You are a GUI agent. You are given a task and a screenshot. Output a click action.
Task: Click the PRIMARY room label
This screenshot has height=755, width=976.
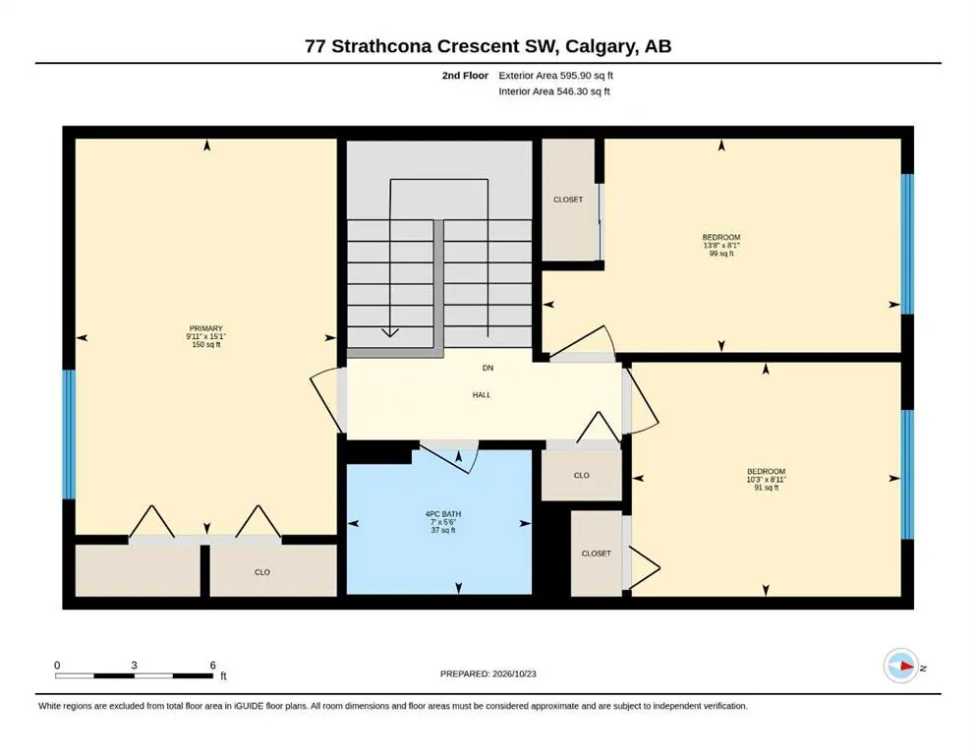[206, 328]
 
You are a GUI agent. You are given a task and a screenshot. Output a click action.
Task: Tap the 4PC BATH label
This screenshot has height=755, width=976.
[443, 514]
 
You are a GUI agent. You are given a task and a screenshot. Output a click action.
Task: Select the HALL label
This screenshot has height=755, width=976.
[482, 394]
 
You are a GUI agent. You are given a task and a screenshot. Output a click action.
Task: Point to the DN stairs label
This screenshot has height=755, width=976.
[488, 368]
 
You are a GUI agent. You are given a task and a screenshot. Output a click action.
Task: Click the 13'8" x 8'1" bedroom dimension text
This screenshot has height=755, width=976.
[721, 245]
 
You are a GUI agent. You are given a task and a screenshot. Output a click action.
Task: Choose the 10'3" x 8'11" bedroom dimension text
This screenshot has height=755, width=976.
[767, 480]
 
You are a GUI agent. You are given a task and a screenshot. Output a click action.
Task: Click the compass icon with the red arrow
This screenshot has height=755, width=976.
[901, 666]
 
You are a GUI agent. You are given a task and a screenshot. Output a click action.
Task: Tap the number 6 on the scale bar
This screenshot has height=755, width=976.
[213, 666]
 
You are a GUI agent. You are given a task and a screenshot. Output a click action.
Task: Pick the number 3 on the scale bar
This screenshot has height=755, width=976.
[134, 666]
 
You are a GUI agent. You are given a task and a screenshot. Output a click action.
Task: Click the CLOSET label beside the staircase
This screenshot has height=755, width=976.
[568, 200]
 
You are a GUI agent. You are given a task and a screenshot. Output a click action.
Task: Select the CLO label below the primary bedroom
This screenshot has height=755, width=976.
[262, 572]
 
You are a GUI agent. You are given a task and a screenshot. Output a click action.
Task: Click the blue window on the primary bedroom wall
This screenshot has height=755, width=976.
[69, 435]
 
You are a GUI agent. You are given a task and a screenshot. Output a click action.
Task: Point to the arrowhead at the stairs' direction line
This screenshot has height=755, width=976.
[389, 332]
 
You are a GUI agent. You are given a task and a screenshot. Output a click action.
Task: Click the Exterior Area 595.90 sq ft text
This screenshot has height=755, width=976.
[556, 76]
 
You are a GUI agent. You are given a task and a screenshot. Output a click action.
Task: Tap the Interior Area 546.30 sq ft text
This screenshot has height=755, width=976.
[554, 91]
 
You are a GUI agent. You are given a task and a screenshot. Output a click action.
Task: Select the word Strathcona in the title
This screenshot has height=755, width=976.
[381, 46]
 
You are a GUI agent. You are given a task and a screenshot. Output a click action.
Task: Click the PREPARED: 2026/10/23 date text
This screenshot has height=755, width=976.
[488, 673]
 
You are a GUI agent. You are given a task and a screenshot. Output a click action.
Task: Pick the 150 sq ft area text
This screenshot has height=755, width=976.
[206, 345]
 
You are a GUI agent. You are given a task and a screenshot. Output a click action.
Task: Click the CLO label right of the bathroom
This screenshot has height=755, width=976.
[581, 476]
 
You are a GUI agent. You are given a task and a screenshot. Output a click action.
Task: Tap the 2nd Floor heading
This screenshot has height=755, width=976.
[465, 76]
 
